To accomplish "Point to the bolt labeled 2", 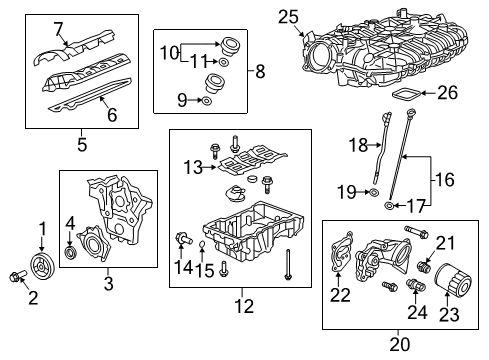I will tap(14, 278).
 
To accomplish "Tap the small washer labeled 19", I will tap(372, 191).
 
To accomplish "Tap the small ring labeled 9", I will tap(205, 100).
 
